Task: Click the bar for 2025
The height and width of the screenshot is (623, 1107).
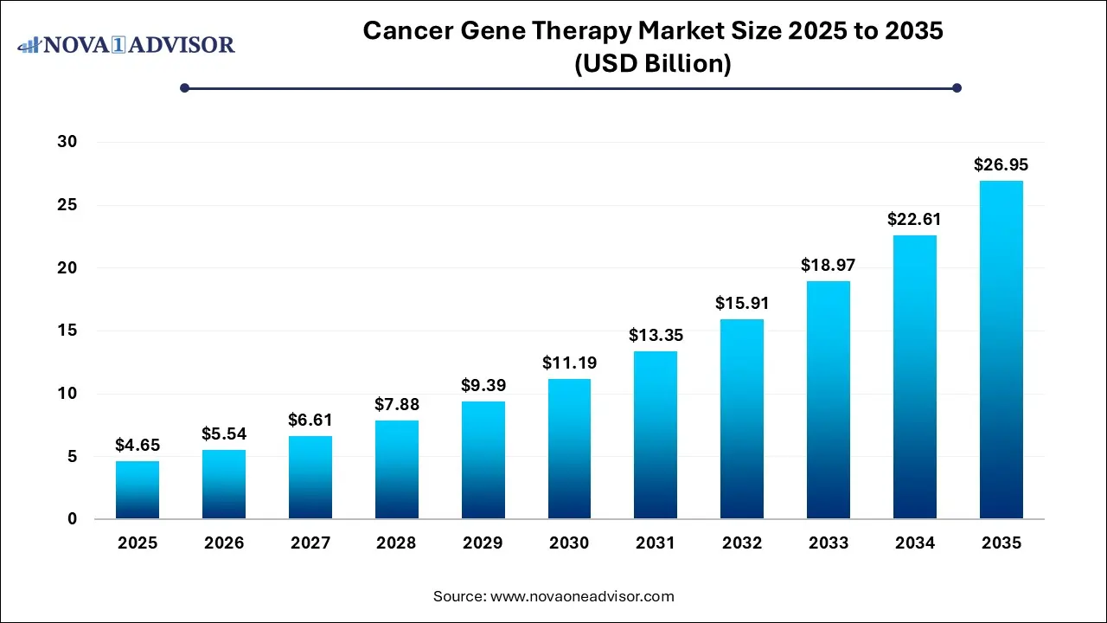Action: pos(138,490)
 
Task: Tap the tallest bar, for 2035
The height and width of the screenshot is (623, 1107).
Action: pos(1001,350)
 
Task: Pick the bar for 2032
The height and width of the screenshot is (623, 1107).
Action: pos(742,419)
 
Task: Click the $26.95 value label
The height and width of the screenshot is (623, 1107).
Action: pos(1001,164)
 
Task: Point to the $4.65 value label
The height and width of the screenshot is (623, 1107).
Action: pos(138,445)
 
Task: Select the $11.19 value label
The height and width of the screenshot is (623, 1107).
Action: pos(569,363)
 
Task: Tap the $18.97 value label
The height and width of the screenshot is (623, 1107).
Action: pos(828,265)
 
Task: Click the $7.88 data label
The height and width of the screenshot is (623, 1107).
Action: pos(396,404)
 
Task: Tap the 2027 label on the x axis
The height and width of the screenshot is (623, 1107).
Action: pos(310,543)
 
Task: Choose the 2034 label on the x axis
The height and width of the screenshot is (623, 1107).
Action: pos(914,543)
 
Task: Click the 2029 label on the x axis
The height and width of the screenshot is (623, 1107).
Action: pos(483,543)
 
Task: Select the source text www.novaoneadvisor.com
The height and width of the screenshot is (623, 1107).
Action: pos(582,596)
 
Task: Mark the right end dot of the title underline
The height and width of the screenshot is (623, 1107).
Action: pos(957,87)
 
